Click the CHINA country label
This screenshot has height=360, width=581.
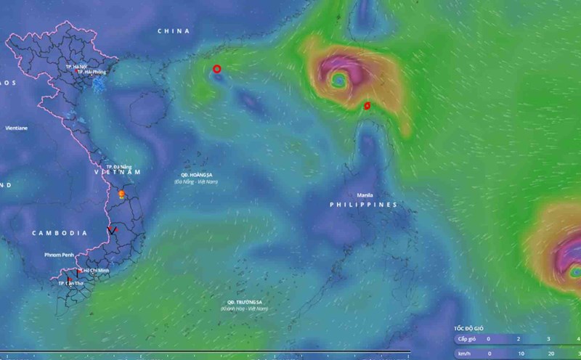(x=174, y=31)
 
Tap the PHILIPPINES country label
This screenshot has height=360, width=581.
(x=363, y=205)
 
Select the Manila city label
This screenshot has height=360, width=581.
(x=365, y=195)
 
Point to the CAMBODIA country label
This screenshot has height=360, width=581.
(x=60, y=233)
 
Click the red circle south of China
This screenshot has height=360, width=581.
(x=216, y=69)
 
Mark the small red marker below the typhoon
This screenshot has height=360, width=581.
(x=367, y=106)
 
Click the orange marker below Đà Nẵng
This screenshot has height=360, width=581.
(x=121, y=195)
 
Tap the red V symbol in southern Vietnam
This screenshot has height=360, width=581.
(x=112, y=231)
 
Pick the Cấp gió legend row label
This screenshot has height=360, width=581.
(x=467, y=339)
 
